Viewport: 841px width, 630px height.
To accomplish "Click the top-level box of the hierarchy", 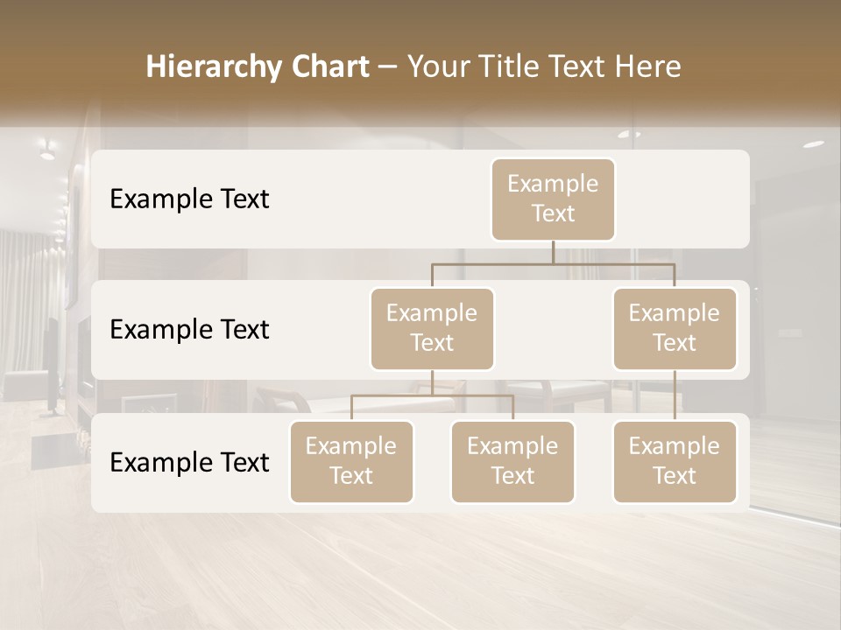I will tap(553, 199).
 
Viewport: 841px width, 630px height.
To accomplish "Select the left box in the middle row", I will tap(432, 328).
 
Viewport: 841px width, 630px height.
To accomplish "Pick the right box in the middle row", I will tap(675, 328).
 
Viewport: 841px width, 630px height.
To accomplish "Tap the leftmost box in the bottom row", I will tap(351, 461).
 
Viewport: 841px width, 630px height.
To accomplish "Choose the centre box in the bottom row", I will tap(512, 461).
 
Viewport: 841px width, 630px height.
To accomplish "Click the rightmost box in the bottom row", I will tap(675, 461).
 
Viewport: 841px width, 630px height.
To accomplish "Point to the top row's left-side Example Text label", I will tap(189, 199).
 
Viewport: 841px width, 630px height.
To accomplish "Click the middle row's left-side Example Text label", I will tap(189, 330).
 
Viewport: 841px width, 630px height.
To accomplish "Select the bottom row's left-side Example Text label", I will tap(189, 463).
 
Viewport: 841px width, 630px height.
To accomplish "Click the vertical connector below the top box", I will tap(553, 252).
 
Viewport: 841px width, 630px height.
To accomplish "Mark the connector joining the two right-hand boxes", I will tap(675, 395).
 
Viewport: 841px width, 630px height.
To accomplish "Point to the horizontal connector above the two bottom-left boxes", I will tap(432, 395).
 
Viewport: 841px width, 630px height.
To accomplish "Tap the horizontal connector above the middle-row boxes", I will tap(553, 262).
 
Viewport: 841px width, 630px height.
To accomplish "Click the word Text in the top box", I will tap(553, 213).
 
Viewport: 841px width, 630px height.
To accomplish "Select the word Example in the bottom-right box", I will tap(675, 446).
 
